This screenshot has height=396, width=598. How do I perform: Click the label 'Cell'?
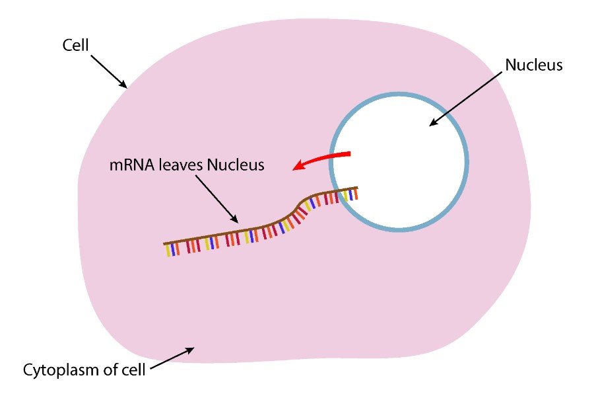click(x=75, y=45)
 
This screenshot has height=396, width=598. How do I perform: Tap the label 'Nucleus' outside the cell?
click(x=533, y=65)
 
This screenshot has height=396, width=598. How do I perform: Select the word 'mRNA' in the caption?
click(x=131, y=165)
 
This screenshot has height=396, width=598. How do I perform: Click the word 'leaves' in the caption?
click(x=181, y=165)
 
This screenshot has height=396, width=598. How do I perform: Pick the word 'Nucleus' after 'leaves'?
click(x=236, y=165)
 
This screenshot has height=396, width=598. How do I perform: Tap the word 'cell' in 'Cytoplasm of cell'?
click(x=134, y=370)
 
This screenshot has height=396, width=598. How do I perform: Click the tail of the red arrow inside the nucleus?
click(x=349, y=153)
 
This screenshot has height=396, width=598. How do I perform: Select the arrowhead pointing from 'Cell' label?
click(x=123, y=85)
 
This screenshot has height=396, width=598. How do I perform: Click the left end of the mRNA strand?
click(x=164, y=244)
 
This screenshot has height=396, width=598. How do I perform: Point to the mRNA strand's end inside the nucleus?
click(x=357, y=188)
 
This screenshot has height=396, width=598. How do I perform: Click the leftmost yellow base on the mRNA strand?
click(x=168, y=251)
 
